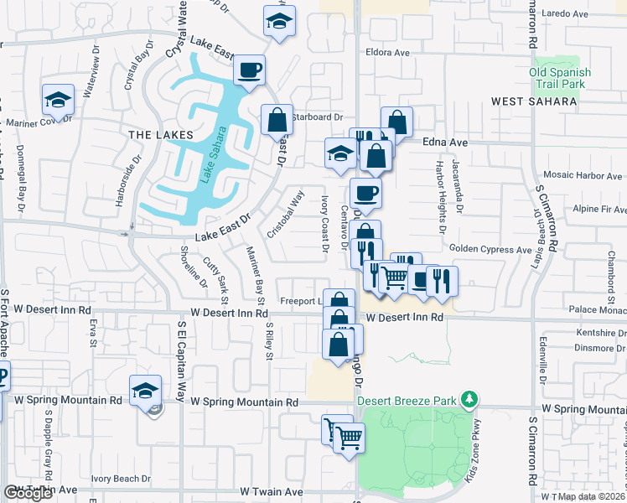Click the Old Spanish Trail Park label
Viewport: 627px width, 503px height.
(560, 78)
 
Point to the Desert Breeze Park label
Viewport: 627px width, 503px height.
(410, 399)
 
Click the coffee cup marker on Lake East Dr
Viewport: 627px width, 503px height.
(249, 70)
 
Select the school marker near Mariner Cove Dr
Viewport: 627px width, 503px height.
(58, 101)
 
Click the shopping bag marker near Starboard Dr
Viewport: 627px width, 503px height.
(277, 121)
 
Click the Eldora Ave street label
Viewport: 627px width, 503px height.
(386, 52)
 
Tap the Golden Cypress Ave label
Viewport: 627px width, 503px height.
(490, 249)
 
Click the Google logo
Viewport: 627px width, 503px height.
(28, 493)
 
